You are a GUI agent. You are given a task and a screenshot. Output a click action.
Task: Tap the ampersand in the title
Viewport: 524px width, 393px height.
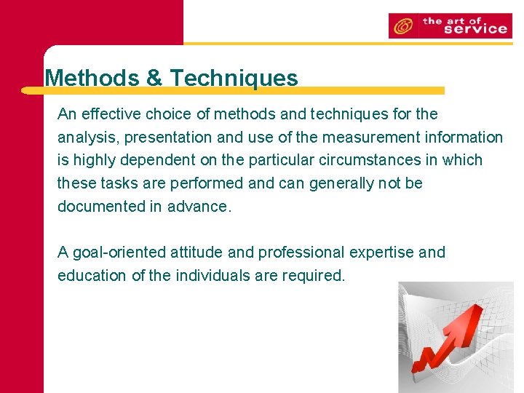coord(154,78)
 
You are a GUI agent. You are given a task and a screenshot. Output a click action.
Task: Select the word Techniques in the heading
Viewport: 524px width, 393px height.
coord(233,78)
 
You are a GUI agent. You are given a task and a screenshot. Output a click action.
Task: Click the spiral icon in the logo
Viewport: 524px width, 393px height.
coord(402,26)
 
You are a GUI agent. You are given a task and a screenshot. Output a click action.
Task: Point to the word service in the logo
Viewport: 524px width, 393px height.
coord(475,29)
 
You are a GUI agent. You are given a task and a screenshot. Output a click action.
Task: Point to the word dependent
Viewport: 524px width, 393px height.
coord(160,160)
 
